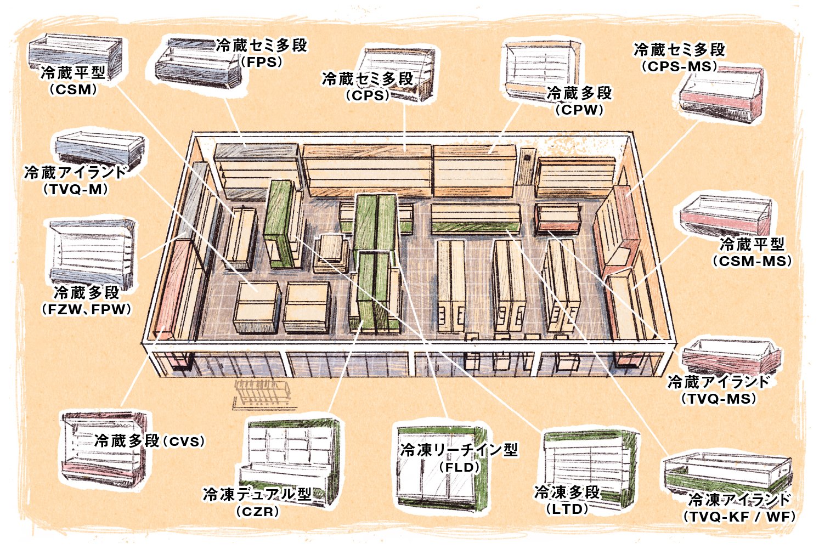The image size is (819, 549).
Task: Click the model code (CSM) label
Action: pyautogui.click(x=73, y=89)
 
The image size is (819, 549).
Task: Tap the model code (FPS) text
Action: pyautogui.click(x=262, y=62)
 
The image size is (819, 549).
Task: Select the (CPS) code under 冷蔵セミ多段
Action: pyautogui.click(x=368, y=95)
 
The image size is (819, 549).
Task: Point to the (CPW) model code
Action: pyautogui.click(x=579, y=110)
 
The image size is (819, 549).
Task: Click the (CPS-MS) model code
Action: pyautogui.click(x=679, y=66)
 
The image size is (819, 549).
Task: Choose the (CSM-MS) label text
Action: pyautogui.click(x=752, y=261)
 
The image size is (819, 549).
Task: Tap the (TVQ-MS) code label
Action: pyautogui.click(x=719, y=399)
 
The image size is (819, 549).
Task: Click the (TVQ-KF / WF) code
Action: pyautogui.click(x=738, y=517)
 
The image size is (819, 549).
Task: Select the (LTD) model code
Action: pyautogui.click(x=567, y=509)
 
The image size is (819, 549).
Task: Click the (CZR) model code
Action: pyautogui.click(x=257, y=512)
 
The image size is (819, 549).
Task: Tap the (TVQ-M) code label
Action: pyautogui.click(x=75, y=189)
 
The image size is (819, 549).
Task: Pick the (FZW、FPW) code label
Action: pyautogui.click(x=87, y=309)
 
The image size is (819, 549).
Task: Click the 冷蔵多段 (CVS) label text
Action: pyautogui.click(x=150, y=440)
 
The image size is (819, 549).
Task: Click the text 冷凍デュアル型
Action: pyautogui.click(x=257, y=494)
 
